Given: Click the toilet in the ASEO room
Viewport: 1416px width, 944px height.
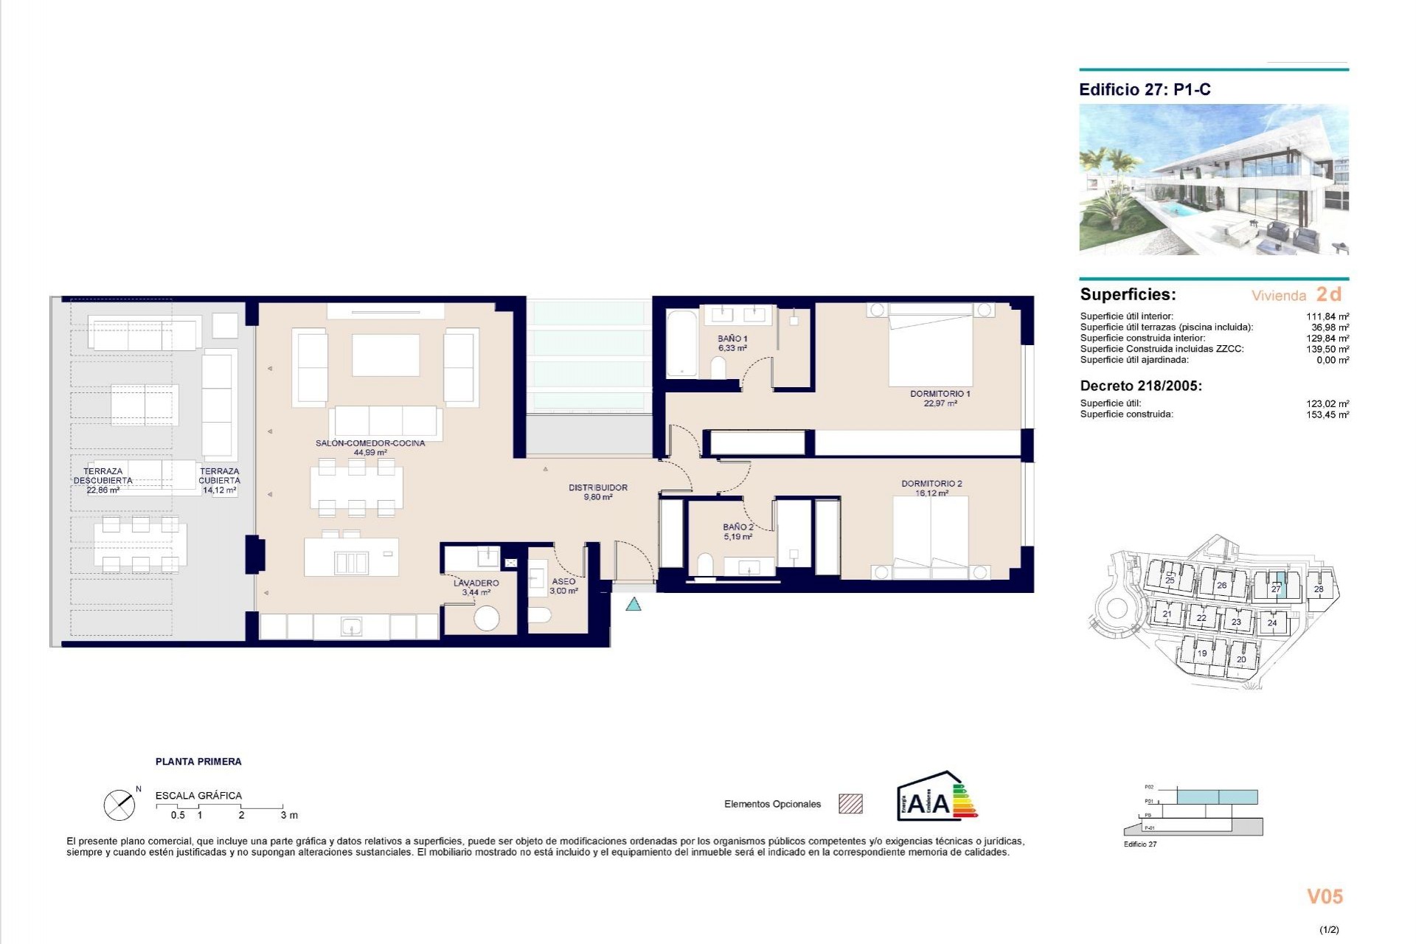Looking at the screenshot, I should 540,615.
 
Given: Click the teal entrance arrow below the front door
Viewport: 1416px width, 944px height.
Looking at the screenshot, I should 633,605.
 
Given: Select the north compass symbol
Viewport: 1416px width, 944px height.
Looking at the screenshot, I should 119,805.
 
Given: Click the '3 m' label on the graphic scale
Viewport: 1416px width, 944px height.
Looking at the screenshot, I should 289,815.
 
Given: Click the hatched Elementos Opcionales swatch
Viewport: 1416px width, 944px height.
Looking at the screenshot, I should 850,804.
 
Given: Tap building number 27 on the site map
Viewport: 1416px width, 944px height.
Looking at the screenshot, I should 1275,589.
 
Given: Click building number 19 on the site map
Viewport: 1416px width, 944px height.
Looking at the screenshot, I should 1201,653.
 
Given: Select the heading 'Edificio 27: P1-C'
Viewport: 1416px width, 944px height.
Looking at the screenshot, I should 1144,90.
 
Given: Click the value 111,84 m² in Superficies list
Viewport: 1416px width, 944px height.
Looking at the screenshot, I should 1327,316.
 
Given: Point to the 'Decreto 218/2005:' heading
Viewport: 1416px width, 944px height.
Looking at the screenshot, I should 1140,386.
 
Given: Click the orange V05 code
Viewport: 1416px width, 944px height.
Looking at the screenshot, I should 1325,896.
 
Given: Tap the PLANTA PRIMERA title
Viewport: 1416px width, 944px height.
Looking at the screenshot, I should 198,761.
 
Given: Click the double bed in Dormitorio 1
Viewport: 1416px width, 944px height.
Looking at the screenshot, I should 931,347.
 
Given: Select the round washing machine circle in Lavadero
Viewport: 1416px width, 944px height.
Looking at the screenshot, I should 487,618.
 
